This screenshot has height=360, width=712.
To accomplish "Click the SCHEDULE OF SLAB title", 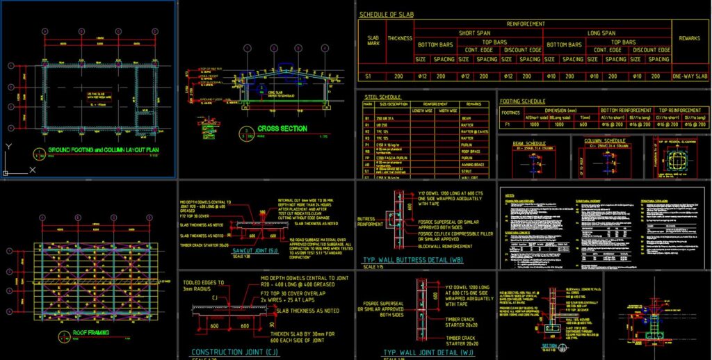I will pyautogui.click(x=397, y=14).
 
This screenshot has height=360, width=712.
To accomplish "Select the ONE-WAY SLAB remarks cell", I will pyautogui.click(x=690, y=76).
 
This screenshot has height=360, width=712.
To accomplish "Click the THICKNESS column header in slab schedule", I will pyautogui.click(x=400, y=38).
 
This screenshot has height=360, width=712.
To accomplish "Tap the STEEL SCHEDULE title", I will pyautogui.click(x=382, y=97).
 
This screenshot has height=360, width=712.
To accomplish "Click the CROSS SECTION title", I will pyautogui.click(x=282, y=129).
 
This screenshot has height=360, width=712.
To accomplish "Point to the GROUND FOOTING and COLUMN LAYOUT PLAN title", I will pyautogui.click(x=104, y=151).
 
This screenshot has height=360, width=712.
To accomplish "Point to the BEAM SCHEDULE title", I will pyautogui.click(x=530, y=142).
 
